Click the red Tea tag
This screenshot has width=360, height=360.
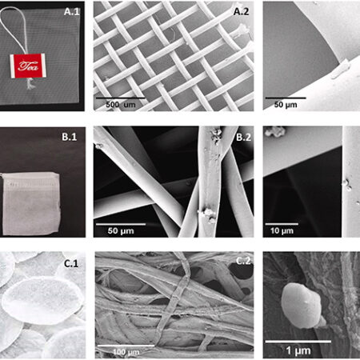[28, 66]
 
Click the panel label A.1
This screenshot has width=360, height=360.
[72, 12]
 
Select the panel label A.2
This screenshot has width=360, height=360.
[242, 12]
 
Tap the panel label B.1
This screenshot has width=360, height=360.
[70, 137]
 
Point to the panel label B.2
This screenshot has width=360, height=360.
[244, 137]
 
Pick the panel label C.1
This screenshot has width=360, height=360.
[71, 263]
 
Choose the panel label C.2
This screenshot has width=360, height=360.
[243, 261]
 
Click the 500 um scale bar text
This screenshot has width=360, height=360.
[121, 105]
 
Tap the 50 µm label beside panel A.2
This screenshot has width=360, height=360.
[286, 105]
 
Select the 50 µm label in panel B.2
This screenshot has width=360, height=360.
[121, 231]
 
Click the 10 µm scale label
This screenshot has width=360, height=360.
[282, 231]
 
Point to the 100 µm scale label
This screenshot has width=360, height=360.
[126, 352]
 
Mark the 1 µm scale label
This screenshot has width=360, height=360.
[298, 350]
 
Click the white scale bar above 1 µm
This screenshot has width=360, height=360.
[298, 342]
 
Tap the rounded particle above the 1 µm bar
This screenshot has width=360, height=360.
[302, 306]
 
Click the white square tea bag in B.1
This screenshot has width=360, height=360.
[30, 203]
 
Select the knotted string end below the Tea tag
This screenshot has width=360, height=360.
[30, 84]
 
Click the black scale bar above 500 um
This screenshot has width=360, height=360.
[121, 98]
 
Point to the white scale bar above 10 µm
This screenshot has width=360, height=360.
[282, 224]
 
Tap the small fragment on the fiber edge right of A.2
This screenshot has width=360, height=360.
[341, 70]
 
